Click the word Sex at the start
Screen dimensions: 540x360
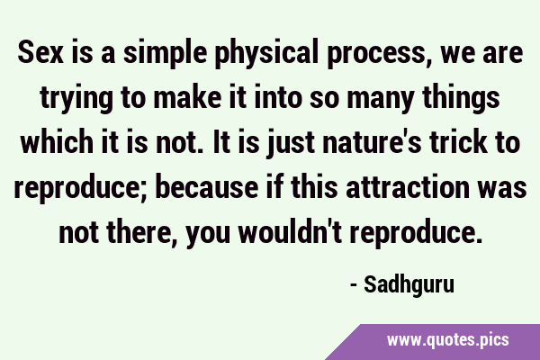coord(40,52)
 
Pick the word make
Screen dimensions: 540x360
coord(187,96)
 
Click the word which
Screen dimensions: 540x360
coord(57,141)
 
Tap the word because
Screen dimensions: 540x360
coord(207,186)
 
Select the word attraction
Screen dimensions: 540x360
coord(408,186)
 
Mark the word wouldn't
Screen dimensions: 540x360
coord(291,231)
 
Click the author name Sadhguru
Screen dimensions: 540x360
coord(409,285)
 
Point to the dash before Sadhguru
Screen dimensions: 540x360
coord(354,285)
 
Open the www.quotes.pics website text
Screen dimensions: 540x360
coord(448,340)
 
